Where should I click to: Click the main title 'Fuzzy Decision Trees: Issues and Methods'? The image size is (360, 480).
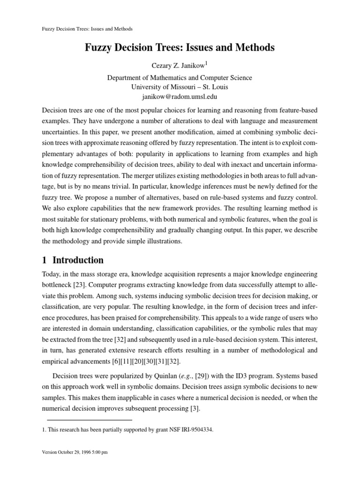(180, 48)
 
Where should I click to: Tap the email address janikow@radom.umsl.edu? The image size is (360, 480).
(180, 97)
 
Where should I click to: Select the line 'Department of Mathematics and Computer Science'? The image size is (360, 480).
(180, 78)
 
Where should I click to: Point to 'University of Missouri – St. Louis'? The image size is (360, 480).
(180, 87)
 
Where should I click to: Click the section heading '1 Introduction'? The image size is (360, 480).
(73, 260)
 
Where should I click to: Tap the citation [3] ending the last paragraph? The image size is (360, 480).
(194, 408)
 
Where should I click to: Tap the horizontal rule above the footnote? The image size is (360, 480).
(90, 420)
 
